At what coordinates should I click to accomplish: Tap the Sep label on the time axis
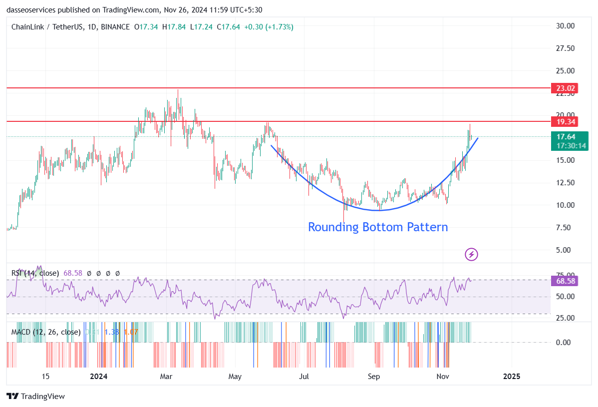(x=374, y=376)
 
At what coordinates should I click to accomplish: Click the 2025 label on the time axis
(x=511, y=376)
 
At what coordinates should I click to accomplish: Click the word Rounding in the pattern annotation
(x=333, y=227)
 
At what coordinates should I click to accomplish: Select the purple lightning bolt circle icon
(x=471, y=255)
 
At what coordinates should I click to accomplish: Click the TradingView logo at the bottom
(x=36, y=397)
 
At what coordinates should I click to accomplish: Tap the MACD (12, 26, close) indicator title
(x=46, y=332)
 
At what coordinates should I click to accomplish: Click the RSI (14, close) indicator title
(x=35, y=273)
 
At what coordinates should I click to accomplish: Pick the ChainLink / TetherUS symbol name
(x=47, y=27)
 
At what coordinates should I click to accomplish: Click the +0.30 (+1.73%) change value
(x=269, y=27)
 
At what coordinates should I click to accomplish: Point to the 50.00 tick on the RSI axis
(x=563, y=297)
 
